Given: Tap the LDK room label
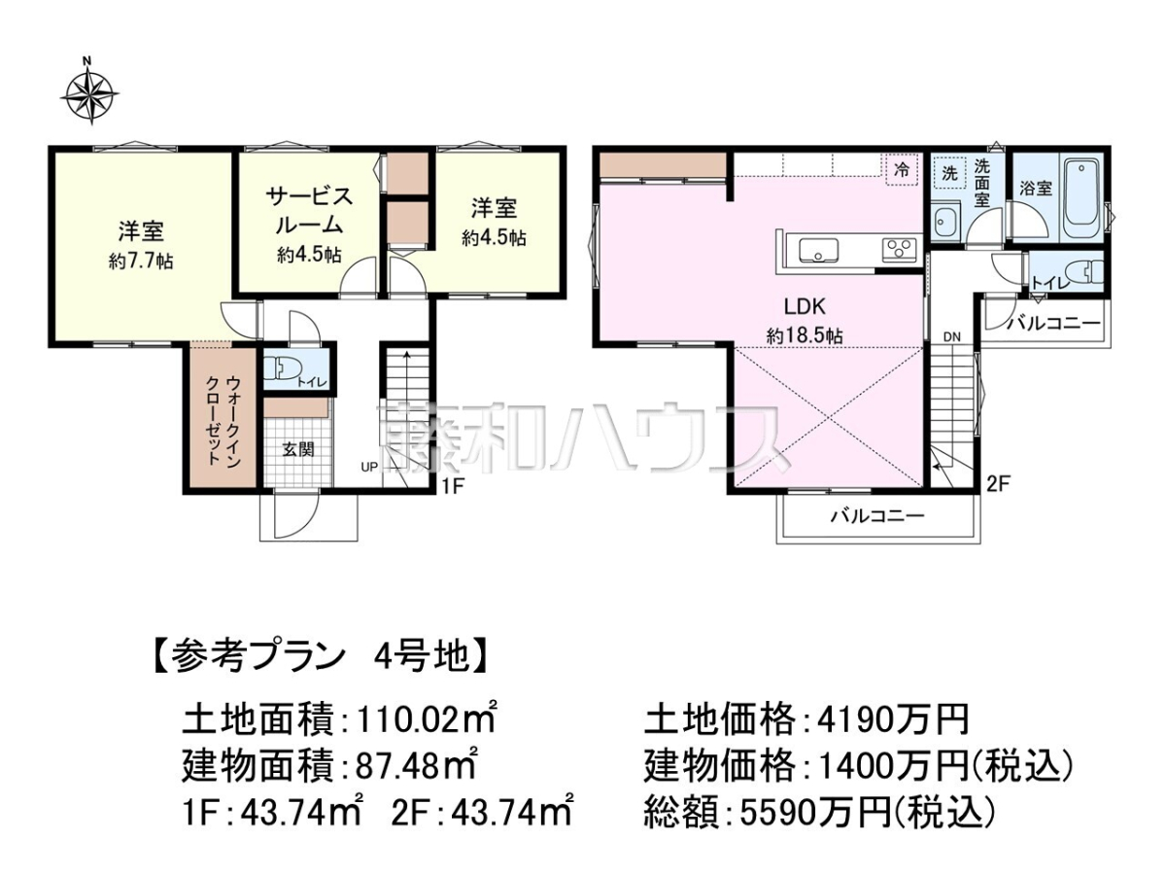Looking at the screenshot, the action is click(805, 306).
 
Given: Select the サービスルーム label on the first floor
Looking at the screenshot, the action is click(309, 210).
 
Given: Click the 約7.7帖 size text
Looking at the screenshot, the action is click(141, 261).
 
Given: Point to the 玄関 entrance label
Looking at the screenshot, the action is click(298, 449).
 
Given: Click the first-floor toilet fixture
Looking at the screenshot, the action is click(282, 368).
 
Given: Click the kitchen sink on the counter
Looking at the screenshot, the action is click(818, 250).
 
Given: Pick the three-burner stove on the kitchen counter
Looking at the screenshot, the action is click(900, 250).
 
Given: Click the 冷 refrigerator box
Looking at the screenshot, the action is click(902, 169).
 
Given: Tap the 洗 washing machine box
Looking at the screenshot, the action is click(949, 172).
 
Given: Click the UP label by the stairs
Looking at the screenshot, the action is click(369, 467).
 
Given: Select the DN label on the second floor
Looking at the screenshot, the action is click(952, 336).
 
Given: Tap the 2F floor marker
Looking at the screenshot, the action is click(998, 484).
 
